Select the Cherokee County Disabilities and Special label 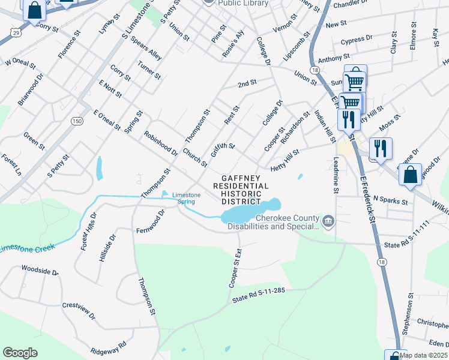tap(288, 222)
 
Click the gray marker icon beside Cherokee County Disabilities tap(328, 222)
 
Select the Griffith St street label tap(223, 146)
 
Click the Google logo tap(20, 353)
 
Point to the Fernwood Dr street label tap(151, 221)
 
